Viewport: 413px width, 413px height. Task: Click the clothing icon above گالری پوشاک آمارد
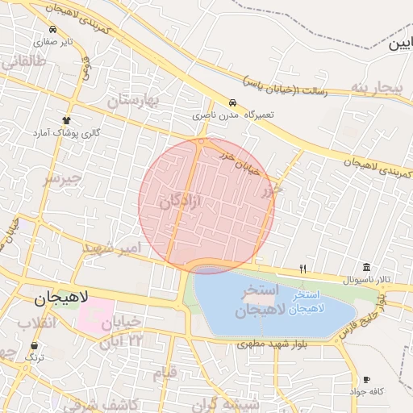point(66,119)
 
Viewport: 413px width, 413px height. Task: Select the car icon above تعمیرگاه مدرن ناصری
point(232,103)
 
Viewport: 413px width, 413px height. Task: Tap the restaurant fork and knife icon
point(303,269)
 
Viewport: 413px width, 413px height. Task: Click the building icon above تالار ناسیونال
point(366,268)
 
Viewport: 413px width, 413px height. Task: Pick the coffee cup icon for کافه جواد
point(366,379)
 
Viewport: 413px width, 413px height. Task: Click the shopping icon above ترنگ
point(35,345)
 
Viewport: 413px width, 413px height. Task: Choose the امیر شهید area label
point(111,247)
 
